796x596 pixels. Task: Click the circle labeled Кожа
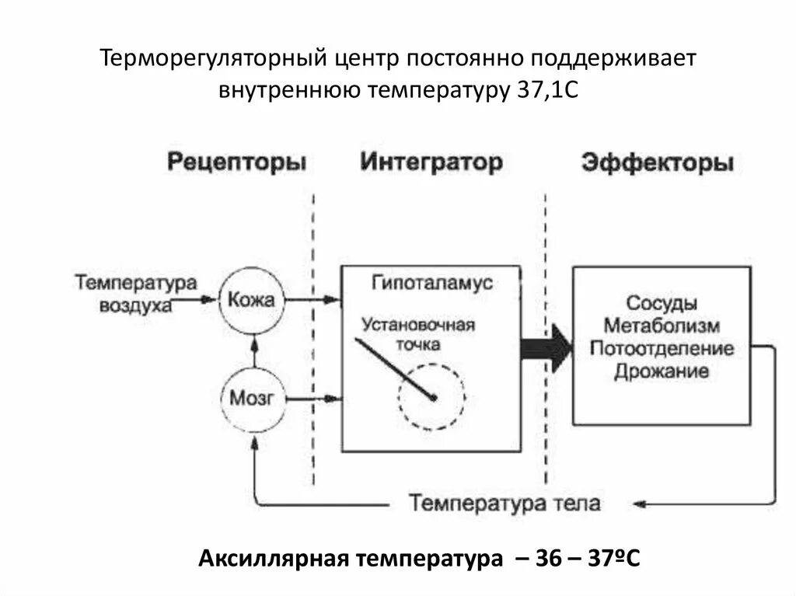253,300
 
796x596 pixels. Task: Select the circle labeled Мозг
253,399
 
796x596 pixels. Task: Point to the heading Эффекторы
657,164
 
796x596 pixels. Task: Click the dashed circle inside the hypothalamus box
432,396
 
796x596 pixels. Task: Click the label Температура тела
506,503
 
